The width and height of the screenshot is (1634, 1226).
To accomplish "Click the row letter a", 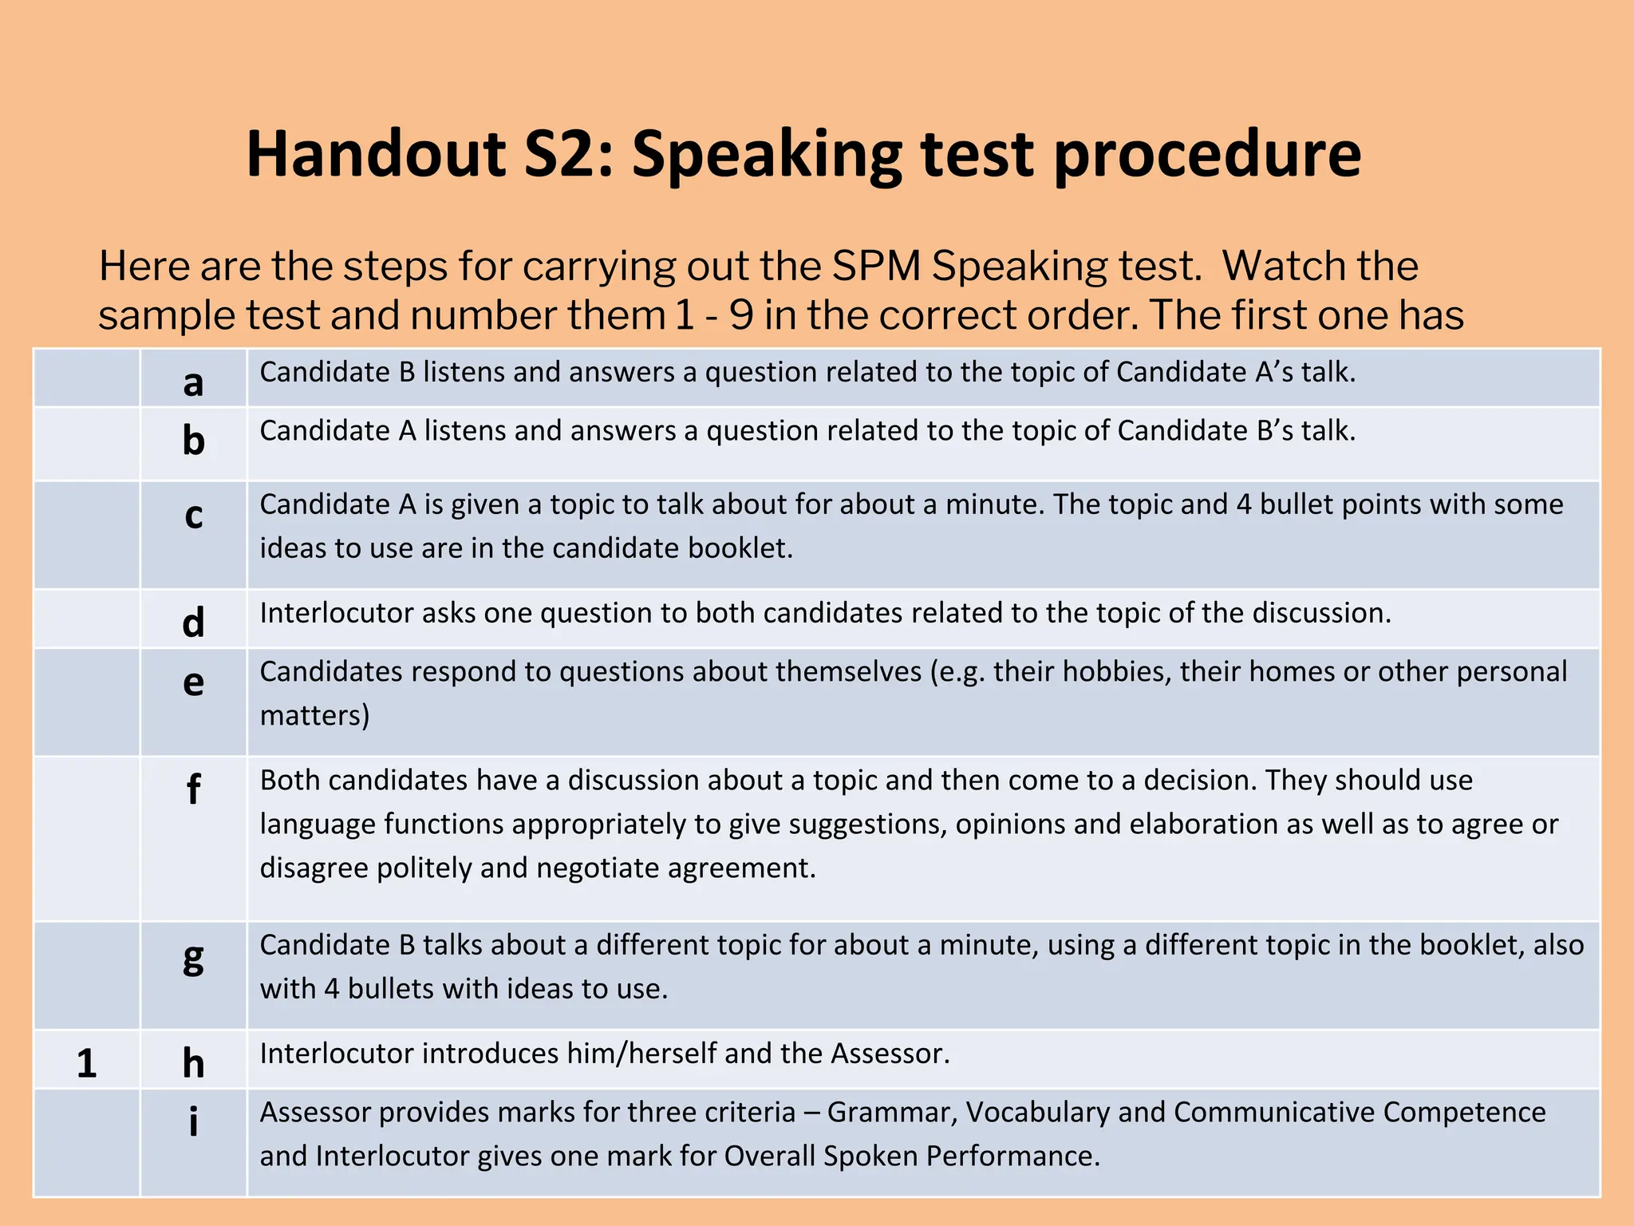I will [x=193, y=382].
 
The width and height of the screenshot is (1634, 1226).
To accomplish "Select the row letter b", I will [x=193, y=440].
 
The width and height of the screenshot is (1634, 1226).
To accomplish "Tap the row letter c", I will [x=193, y=515].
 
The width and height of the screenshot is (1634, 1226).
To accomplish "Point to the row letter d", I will [x=193, y=622].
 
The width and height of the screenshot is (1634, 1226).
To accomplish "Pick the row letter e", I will [x=193, y=682].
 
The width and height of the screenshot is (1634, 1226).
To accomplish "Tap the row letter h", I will [x=193, y=1062].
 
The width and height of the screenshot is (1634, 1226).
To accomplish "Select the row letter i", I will [x=193, y=1121].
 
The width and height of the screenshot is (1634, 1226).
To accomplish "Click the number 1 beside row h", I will [x=86, y=1063].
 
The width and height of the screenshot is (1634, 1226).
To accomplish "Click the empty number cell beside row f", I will [x=86, y=838].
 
